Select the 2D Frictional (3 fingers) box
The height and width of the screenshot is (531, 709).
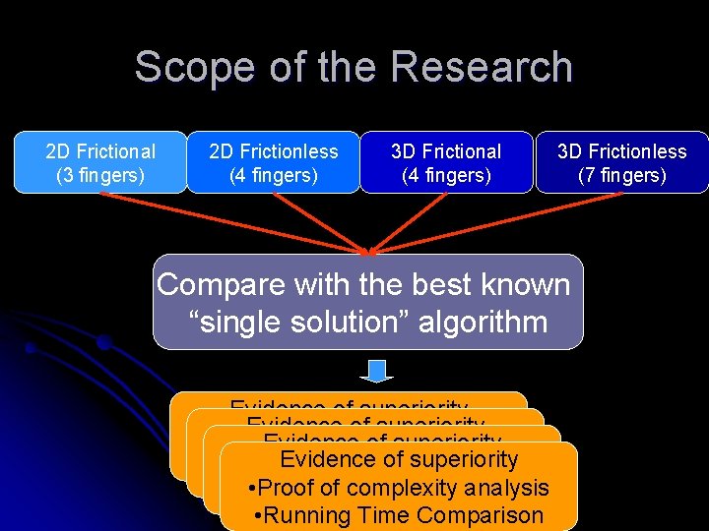tap(99, 163)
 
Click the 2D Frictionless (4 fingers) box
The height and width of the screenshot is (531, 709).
tap(273, 163)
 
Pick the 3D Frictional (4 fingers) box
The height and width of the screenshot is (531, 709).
tap(446, 163)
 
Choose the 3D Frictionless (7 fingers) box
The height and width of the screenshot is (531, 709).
tap(621, 163)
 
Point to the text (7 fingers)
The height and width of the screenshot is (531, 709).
tap(621, 176)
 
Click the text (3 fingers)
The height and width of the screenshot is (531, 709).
tap(99, 176)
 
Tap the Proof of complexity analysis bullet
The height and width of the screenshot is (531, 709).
tap(399, 488)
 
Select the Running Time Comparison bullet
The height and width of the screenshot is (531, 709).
tap(399, 515)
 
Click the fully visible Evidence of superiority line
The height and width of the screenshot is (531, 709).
tap(399, 459)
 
